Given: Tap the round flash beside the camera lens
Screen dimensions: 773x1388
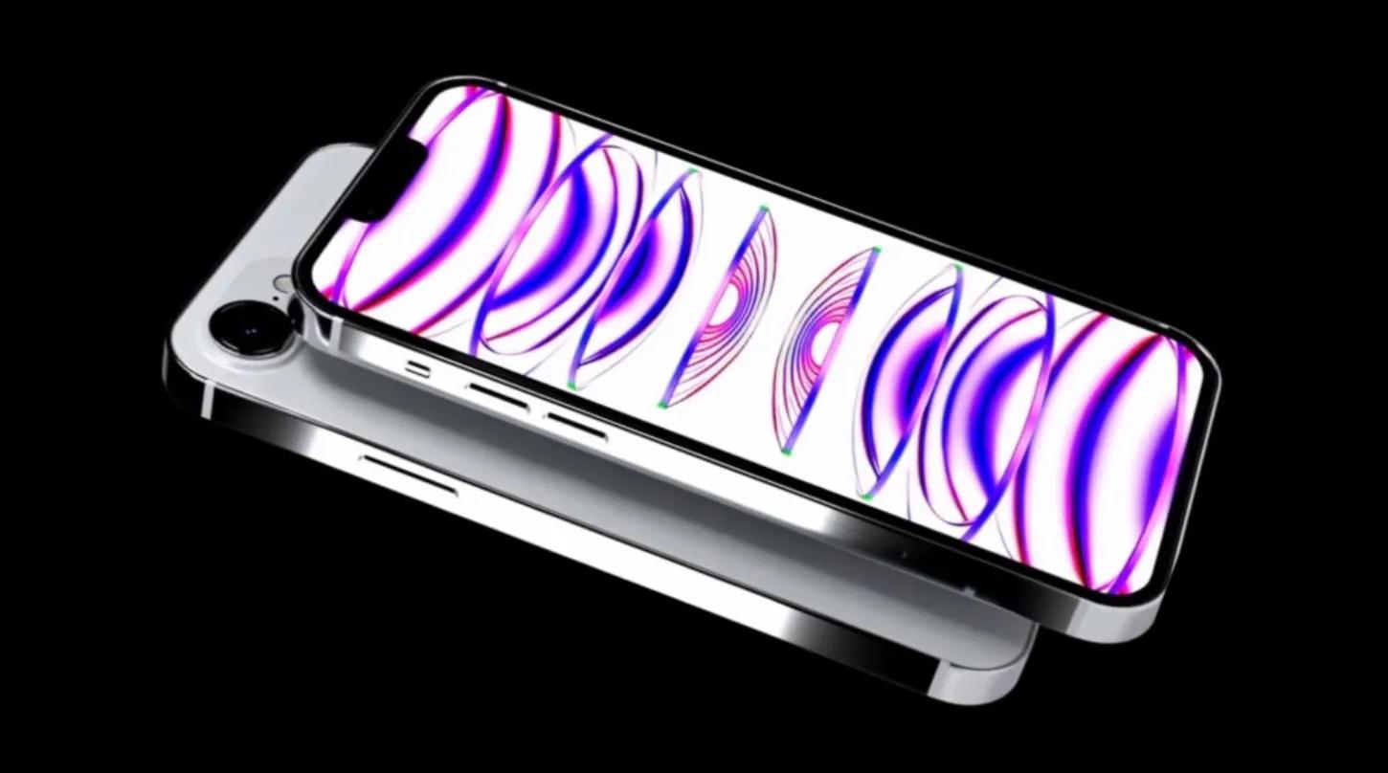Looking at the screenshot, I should pos(282,283).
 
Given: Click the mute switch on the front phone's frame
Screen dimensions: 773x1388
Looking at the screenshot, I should pos(418,367).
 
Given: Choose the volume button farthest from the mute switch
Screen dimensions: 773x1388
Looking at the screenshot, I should pos(576,427).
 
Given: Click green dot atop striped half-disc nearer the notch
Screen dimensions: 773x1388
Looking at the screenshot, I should pos(762,209).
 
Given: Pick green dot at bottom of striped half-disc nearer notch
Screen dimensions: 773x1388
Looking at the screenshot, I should pos(660,406).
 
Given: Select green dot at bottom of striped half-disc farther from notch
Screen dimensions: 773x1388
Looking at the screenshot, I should pos(784,451).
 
